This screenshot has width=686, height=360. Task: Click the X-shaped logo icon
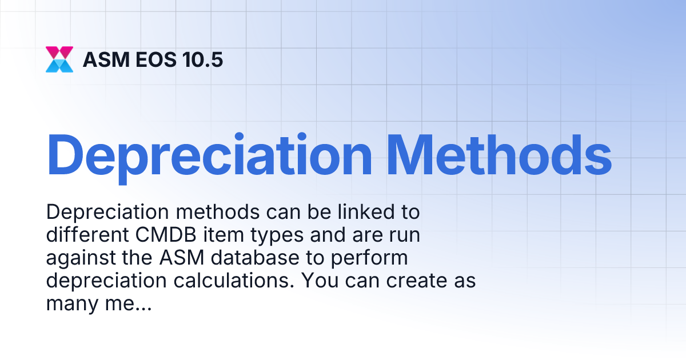click(x=59, y=59)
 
